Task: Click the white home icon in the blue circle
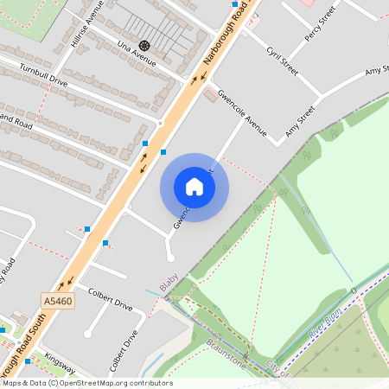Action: (x=194, y=187)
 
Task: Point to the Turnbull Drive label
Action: (x=35, y=80)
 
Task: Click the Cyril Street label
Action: (x=282, y=61)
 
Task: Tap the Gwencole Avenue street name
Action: (x=243, y=112)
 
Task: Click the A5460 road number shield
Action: (x=57, y=301)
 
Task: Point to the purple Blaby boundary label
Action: (x=169, y=282)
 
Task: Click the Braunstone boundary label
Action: (x=227, y=353)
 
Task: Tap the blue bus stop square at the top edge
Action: (x=235, y=4)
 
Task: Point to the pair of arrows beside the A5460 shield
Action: (x=66, y=281)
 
